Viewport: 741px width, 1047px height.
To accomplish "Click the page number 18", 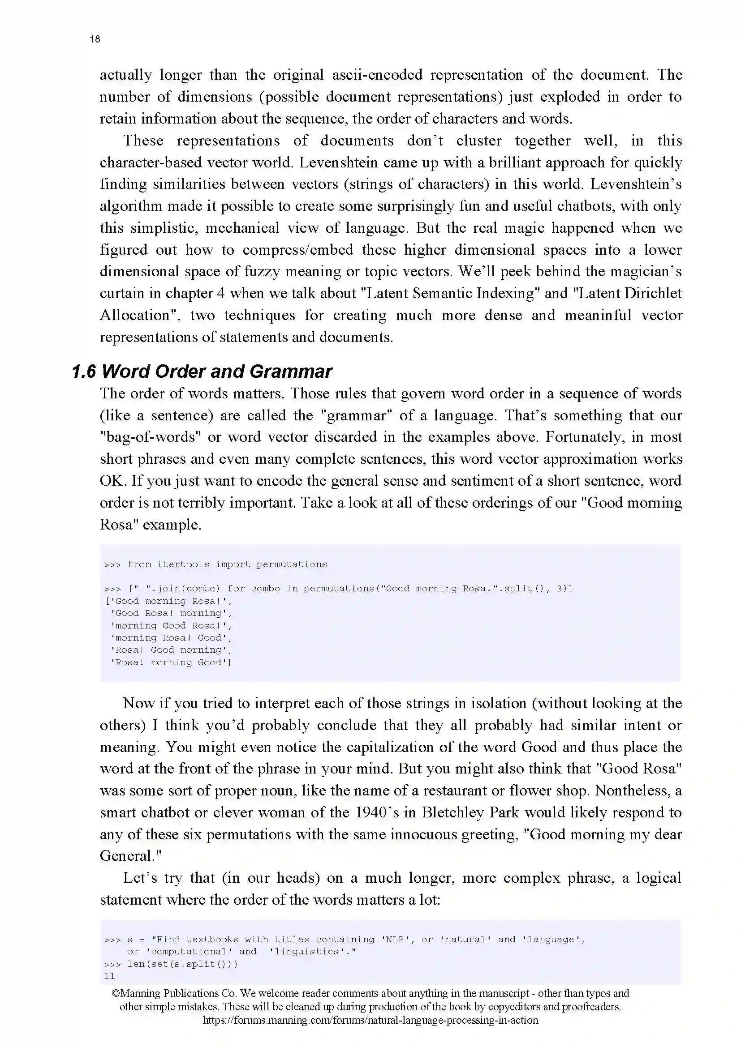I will [95, 39].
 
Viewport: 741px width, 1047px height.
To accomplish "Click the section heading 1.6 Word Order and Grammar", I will [202, 372].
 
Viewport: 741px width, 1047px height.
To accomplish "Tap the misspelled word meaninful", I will [598, 316].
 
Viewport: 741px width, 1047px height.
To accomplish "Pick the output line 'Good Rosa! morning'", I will [171, 613].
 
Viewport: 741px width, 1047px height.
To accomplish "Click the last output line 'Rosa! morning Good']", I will [171, 662].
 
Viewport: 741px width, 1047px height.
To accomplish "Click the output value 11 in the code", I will [109, 976].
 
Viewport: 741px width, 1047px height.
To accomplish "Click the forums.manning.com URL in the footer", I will [370, 1021].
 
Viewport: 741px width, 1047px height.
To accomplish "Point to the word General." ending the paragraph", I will [130, 856].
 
